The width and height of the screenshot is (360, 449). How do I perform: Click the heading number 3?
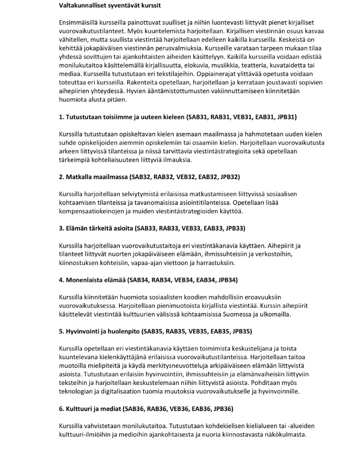[x=61, y=228]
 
